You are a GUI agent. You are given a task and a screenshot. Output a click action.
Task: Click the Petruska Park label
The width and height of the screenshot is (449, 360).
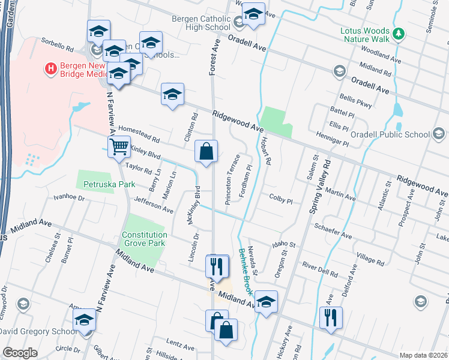pos(109,184)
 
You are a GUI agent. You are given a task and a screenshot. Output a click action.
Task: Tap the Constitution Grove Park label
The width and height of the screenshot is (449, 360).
pos(143,239)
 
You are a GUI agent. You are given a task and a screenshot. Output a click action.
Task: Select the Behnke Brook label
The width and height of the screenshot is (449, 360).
pos(244,271)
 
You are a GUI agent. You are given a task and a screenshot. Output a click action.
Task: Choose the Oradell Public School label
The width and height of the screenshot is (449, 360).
pos(391,135)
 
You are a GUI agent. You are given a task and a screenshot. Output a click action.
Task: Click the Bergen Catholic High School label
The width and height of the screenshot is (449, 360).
pos(201,23)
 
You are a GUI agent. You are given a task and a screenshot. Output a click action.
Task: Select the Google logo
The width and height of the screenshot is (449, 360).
pos(20,353)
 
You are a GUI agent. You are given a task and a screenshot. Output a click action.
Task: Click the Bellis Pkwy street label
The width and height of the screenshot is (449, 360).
pos(340,100)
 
